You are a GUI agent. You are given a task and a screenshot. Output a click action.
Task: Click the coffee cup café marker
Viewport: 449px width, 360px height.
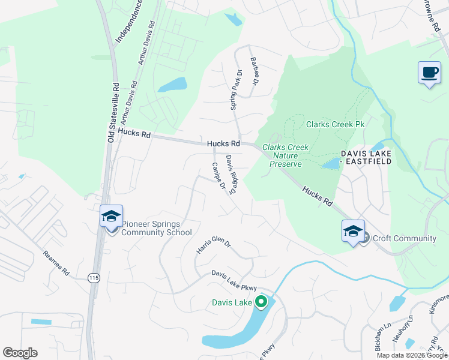429,73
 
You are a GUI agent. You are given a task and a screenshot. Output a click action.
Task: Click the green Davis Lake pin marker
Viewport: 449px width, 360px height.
261,302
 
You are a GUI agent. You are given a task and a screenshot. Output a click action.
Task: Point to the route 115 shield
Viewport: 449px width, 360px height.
93,277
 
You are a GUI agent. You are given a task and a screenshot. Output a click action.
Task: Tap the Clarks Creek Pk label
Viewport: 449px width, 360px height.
336,124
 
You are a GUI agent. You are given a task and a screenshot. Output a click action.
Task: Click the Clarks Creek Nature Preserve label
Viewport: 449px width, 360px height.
286,155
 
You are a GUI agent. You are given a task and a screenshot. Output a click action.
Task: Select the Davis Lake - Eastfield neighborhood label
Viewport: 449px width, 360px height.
366,158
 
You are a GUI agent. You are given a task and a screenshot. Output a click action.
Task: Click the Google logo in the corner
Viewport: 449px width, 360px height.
20,353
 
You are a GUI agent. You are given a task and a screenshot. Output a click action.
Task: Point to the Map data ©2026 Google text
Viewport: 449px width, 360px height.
411,355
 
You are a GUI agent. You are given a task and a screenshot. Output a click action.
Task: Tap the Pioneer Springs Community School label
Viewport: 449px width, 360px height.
157,229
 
